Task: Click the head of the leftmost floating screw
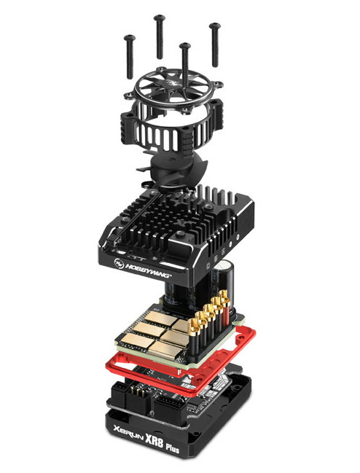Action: coord(129,38)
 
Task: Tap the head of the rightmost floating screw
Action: coord(215,26)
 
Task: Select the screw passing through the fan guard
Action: coord(185,63)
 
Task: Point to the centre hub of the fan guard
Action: coord(177,84)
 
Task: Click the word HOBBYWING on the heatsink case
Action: coord(149,270)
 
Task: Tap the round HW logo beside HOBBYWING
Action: coord(119,263)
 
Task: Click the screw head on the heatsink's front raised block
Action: coord(180,234)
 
